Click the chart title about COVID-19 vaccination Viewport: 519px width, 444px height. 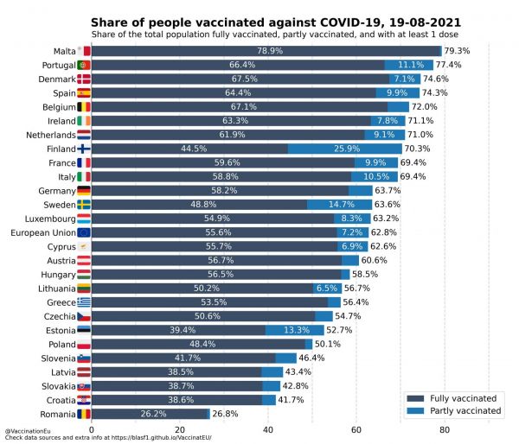point(276,21)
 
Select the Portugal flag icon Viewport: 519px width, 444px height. point(84,65)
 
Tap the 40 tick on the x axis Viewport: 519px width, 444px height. point(267,429)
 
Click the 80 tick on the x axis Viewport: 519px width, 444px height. point(444,429)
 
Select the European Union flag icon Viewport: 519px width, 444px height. point(84,232)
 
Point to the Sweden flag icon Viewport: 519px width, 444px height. point(84,205)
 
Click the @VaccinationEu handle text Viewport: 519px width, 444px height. point(26,431)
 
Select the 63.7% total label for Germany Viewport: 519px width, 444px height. point(388,191)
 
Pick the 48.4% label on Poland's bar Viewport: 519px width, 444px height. point(197,344)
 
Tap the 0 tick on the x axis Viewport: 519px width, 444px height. point(92,429)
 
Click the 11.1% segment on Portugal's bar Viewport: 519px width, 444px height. point(410,65)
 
